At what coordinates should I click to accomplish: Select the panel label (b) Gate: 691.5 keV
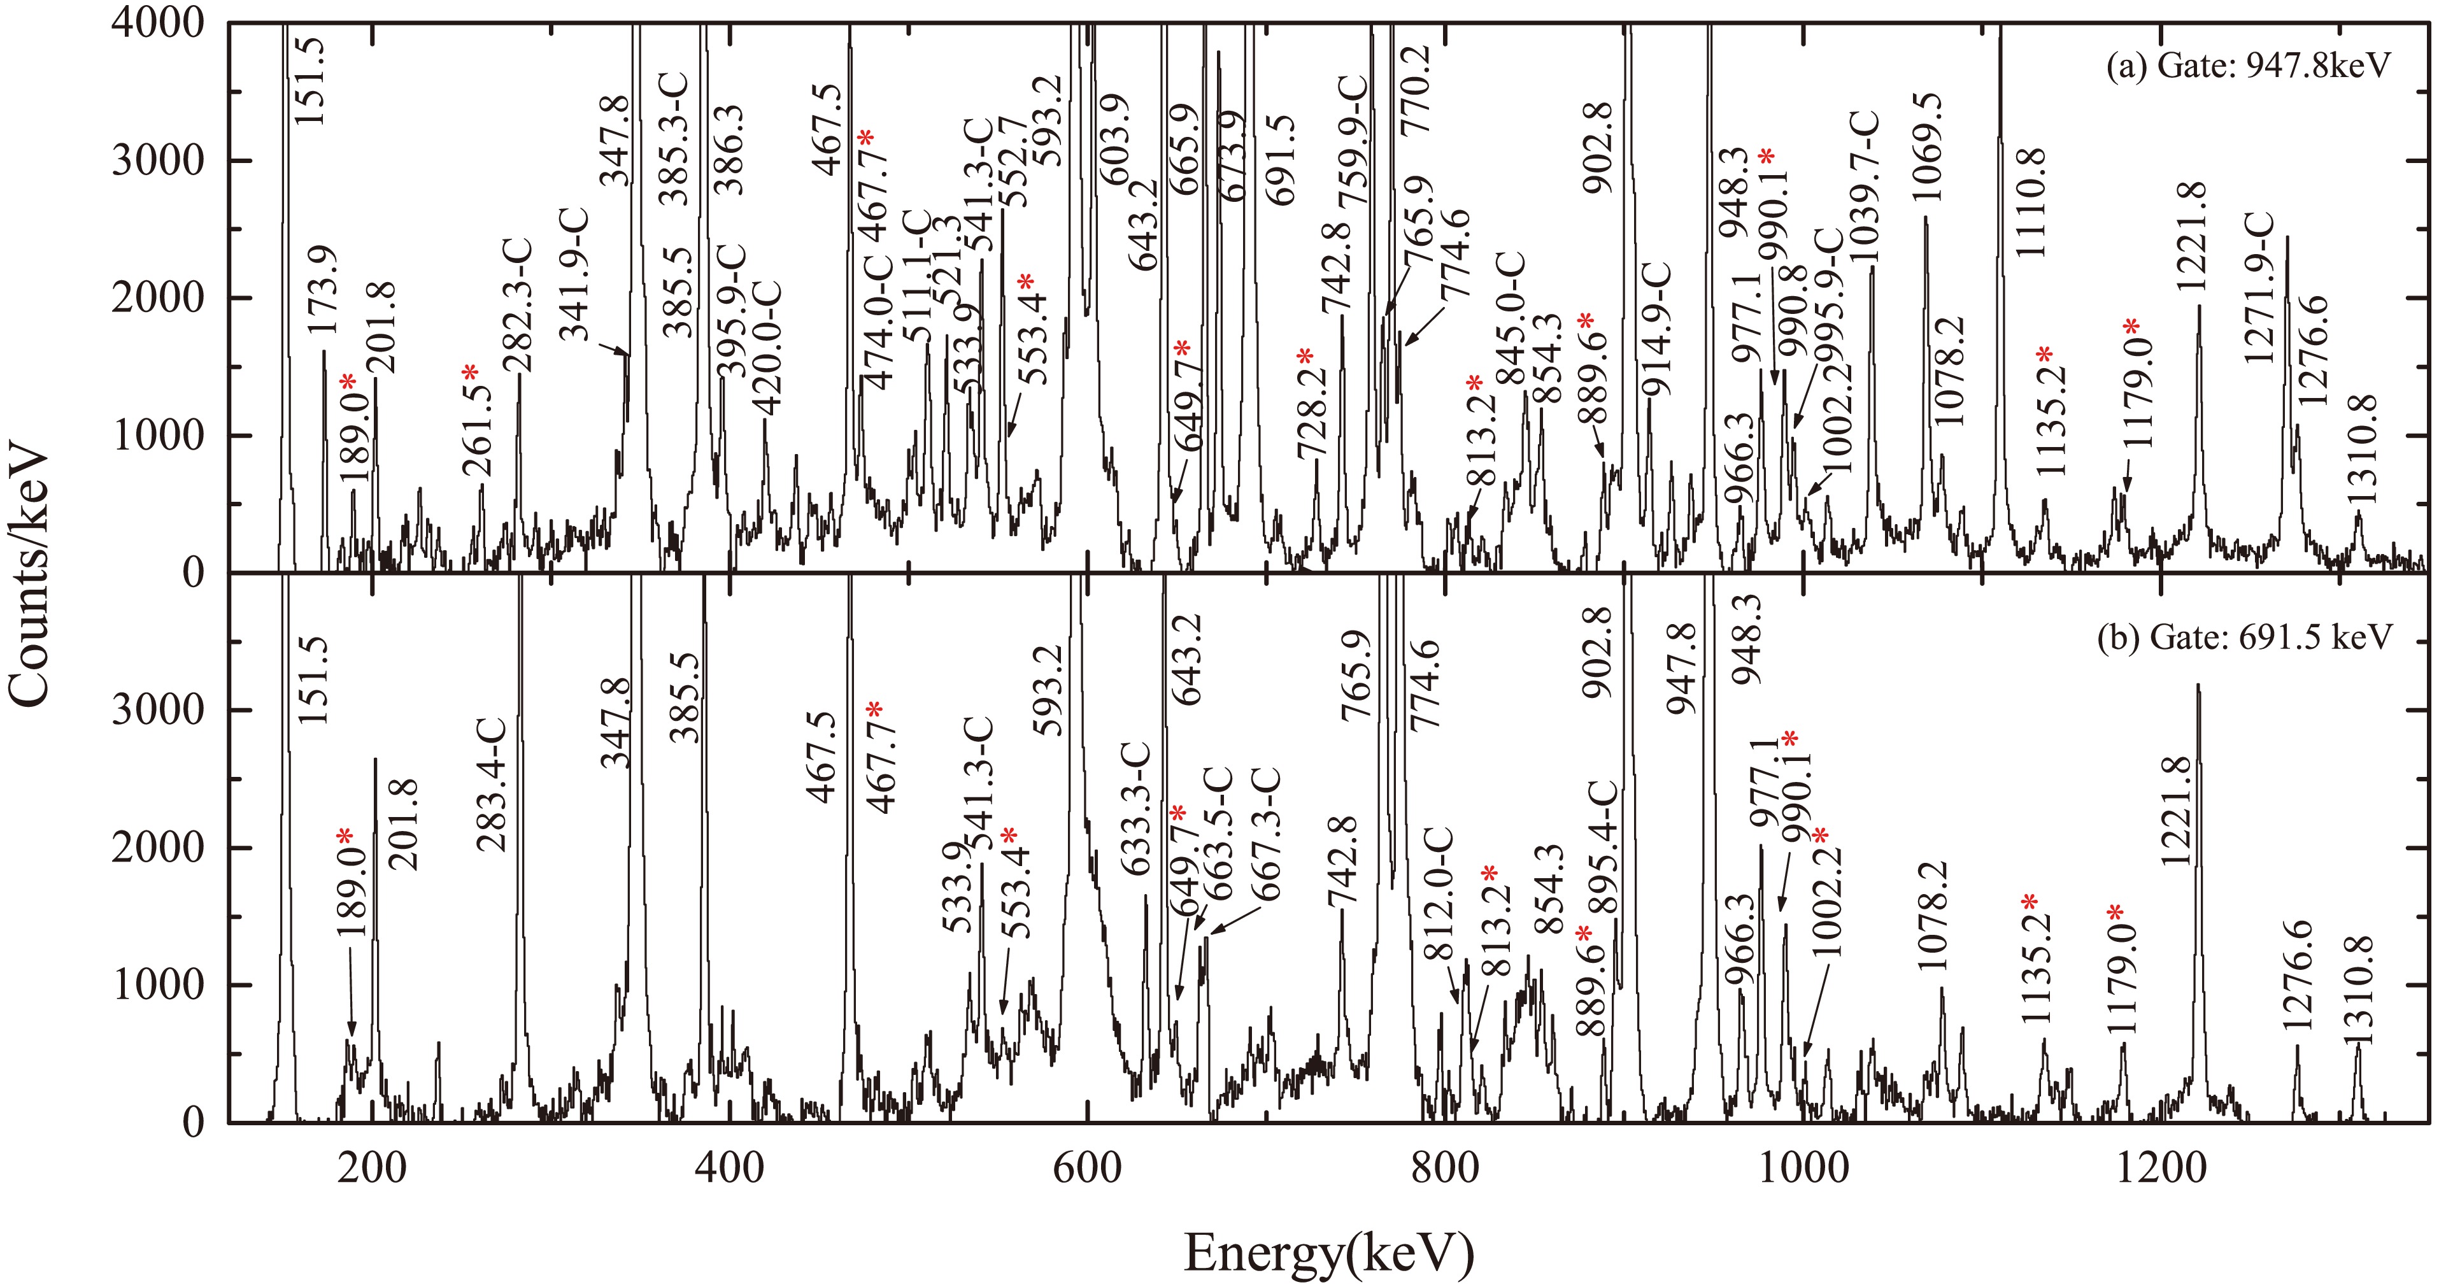pos(2245,636)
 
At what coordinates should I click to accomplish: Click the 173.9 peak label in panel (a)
pos(323,290)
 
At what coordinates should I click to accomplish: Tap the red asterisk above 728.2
pos(1305,357)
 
